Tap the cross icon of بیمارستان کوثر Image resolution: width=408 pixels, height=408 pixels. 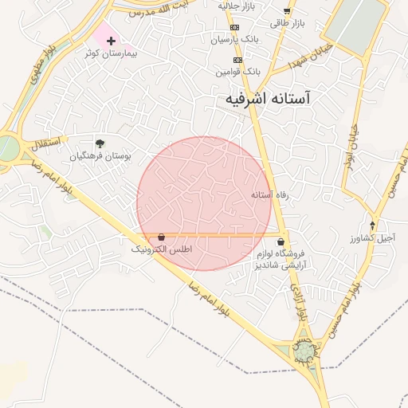pyautogui.click(x=111, y=40)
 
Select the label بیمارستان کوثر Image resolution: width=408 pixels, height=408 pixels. pyautogui.click(x=111, y=53)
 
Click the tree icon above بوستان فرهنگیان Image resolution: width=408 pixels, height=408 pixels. pyautogui.click(x=100, y=143)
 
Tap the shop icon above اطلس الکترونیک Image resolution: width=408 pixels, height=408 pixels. pyautogui.click(x=162, y=237)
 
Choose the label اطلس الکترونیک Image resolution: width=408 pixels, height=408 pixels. pyautogui.click(x=162, y=249)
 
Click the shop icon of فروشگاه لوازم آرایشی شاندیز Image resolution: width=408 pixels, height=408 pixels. pyautogui.click(x=280, y=241)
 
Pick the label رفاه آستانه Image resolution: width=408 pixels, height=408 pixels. pyautogui.click(x=269, y=194)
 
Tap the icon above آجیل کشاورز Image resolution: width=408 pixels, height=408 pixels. pyautogui.click(x=372, y=226)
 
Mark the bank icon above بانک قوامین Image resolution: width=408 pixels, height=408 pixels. pyautogui.click(x=237, y=60)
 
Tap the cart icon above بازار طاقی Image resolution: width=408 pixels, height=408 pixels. pyautogui.click(x=288, y=11)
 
